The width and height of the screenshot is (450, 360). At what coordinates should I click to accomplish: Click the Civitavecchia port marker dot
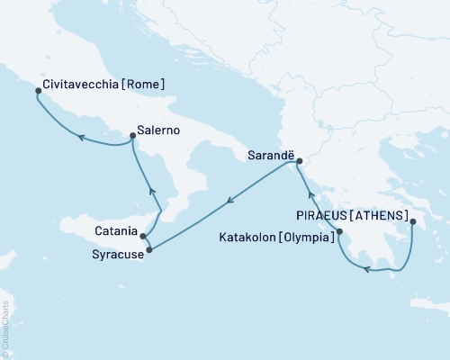click(x=38, y=90)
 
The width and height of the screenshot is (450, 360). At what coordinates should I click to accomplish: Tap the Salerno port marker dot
click(x=132, y=137)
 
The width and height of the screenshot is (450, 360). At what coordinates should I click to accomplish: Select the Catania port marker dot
click(x=143, y=236)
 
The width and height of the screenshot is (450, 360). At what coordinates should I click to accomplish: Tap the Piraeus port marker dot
click(x=410, y=221)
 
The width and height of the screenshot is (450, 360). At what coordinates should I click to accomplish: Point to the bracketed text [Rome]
click(x=145, y=85)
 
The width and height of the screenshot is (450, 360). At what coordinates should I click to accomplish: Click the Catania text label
click(x=114, y=230)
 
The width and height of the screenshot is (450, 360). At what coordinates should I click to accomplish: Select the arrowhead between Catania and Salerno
click(x=152, y=191)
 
